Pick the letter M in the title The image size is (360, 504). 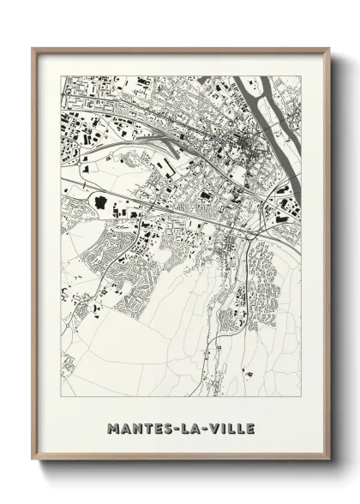(113, 427)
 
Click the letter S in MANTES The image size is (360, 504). (165, 427)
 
